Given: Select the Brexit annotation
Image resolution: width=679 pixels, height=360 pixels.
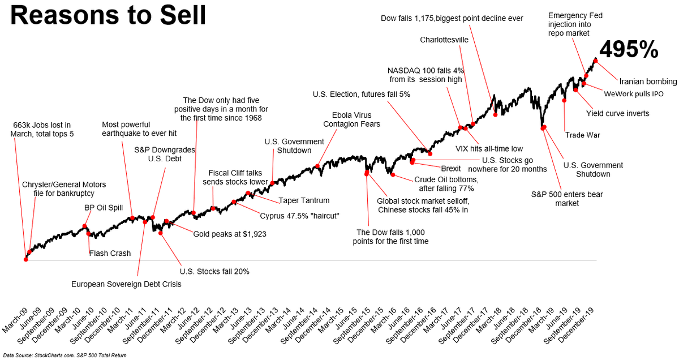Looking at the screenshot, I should point(451,169).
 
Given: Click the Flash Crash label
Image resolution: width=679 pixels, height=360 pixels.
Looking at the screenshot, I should point(110,254).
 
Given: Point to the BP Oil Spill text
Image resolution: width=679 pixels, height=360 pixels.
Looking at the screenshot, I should point(104,208).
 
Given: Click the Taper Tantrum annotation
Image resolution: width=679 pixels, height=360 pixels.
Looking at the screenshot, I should point(304,200).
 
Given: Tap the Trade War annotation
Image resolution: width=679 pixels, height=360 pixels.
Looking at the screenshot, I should point(582,135).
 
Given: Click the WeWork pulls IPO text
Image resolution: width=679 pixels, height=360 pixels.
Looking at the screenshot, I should point(634,94).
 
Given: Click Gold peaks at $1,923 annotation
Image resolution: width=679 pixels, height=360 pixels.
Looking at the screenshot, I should point(230,233).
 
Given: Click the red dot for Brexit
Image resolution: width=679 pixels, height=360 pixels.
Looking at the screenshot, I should point(412,162).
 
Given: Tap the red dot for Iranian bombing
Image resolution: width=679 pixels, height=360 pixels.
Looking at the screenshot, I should point(595,60).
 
